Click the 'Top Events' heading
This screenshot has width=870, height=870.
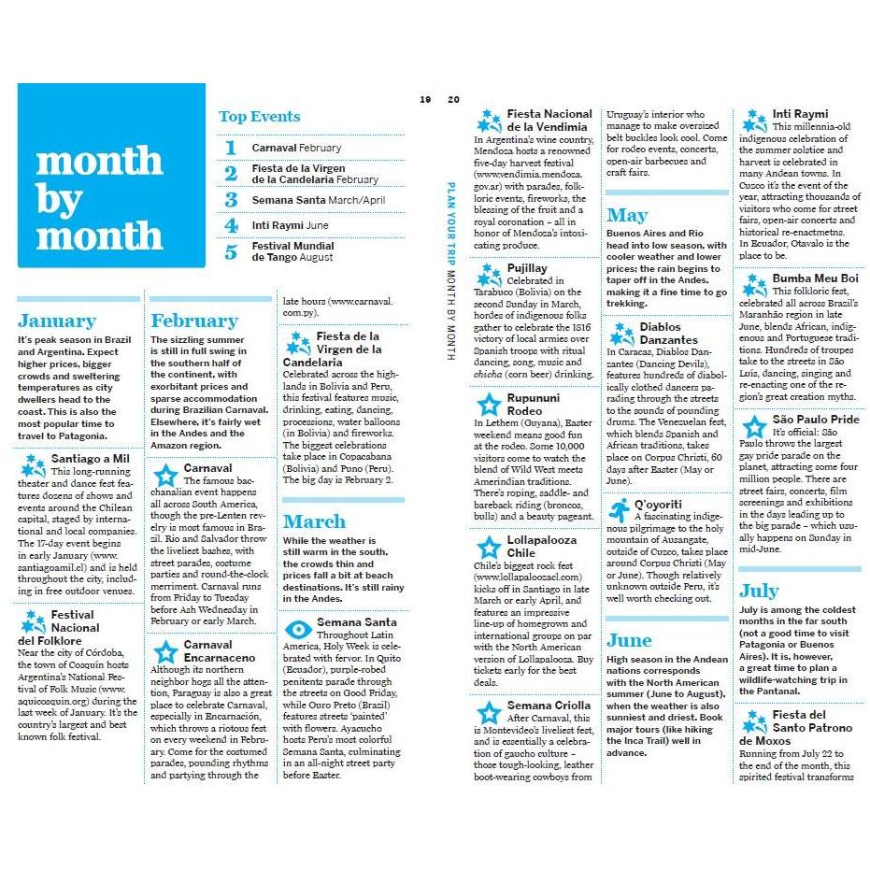259,117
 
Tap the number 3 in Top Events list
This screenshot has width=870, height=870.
231,200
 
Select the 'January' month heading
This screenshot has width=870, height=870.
57,321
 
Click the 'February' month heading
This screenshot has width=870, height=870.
194,321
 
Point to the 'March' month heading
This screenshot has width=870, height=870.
314,521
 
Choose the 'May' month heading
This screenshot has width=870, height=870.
626,216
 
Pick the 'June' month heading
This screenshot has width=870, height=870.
629,640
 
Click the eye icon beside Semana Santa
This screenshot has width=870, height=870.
298,629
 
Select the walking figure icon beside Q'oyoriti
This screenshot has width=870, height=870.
620,510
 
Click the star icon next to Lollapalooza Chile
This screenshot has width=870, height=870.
489,548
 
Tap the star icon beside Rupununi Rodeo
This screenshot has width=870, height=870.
489,405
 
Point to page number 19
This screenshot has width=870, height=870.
425,99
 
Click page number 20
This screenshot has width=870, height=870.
454,99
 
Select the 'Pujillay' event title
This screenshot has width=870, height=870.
527,268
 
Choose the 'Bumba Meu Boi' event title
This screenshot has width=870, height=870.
815,278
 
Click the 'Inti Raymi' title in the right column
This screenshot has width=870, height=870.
800,114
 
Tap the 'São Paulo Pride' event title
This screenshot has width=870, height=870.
815,420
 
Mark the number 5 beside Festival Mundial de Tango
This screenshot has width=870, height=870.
231,251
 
